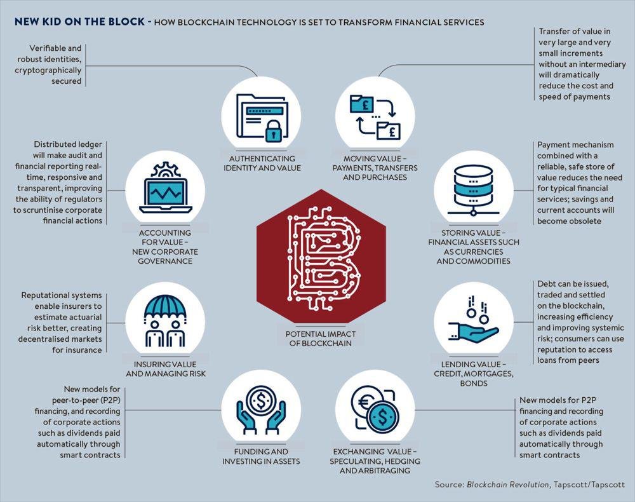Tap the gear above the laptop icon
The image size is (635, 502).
165,170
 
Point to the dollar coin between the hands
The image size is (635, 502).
261,401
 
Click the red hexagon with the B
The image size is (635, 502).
321,256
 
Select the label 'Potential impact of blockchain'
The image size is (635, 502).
320,339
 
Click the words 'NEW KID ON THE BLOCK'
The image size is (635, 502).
79,22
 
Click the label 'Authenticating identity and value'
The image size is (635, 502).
262,163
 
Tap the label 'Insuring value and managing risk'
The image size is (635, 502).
166,369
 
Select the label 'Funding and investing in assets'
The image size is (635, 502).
261,456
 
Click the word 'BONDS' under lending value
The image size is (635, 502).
474,383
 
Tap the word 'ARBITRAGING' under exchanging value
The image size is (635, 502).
375,470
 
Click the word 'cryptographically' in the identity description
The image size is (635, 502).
48,71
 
